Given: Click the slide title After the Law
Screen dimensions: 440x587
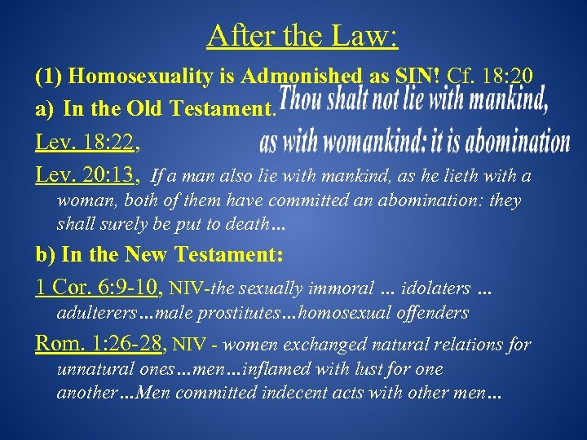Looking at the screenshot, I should click(x=302, y=36).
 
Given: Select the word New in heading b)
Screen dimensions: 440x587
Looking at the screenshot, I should click(x=149, y=254).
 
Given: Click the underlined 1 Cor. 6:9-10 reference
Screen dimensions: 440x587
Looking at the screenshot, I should click(x=99, y=287).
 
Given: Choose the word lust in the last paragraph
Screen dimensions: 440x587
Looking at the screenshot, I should click(x=344, y=369).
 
